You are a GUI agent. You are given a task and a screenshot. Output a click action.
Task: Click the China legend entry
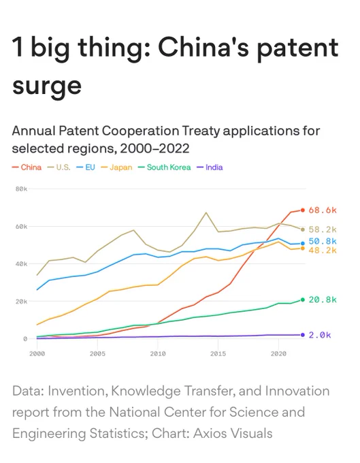click(x=27, y=167)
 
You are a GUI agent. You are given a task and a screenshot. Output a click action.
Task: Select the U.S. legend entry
click(x=59, y=167)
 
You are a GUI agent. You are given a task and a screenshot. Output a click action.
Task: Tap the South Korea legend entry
click(x=165, y=167)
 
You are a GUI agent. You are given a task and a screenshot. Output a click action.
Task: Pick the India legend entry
click(x=210, y=167)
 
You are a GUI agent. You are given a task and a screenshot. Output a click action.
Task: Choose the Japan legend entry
click(x=116, y=167)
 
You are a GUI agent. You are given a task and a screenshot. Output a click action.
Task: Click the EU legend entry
click(x=86, y=167)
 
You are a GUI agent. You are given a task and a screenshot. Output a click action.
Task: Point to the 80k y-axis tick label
click(x=21, y=189)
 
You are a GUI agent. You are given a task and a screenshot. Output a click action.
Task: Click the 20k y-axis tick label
click(x=21, y=302)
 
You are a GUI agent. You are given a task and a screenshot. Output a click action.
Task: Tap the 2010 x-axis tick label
click(x=158, y=353)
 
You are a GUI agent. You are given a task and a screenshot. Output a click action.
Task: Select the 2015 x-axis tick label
click(x=218, y=353)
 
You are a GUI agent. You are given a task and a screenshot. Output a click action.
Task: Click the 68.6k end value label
click(x=323, y=210)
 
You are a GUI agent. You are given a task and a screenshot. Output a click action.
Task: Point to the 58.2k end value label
click(x=323, y=229)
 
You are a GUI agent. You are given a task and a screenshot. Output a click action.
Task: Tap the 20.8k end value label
click(x=323, y=300)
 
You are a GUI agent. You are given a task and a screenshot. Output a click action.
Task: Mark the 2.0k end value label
click(x=320, y=335)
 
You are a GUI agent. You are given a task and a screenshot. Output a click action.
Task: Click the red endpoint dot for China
click(x=302, y=210)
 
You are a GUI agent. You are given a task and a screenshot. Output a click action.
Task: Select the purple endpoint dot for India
click(x=302, y=335)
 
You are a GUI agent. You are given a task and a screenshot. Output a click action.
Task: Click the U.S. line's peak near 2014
click(x=206, y=212)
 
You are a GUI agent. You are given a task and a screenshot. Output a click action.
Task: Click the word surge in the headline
click(x=47, y=86)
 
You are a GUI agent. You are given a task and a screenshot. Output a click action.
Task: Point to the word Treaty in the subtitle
click(x=201, y=131)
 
